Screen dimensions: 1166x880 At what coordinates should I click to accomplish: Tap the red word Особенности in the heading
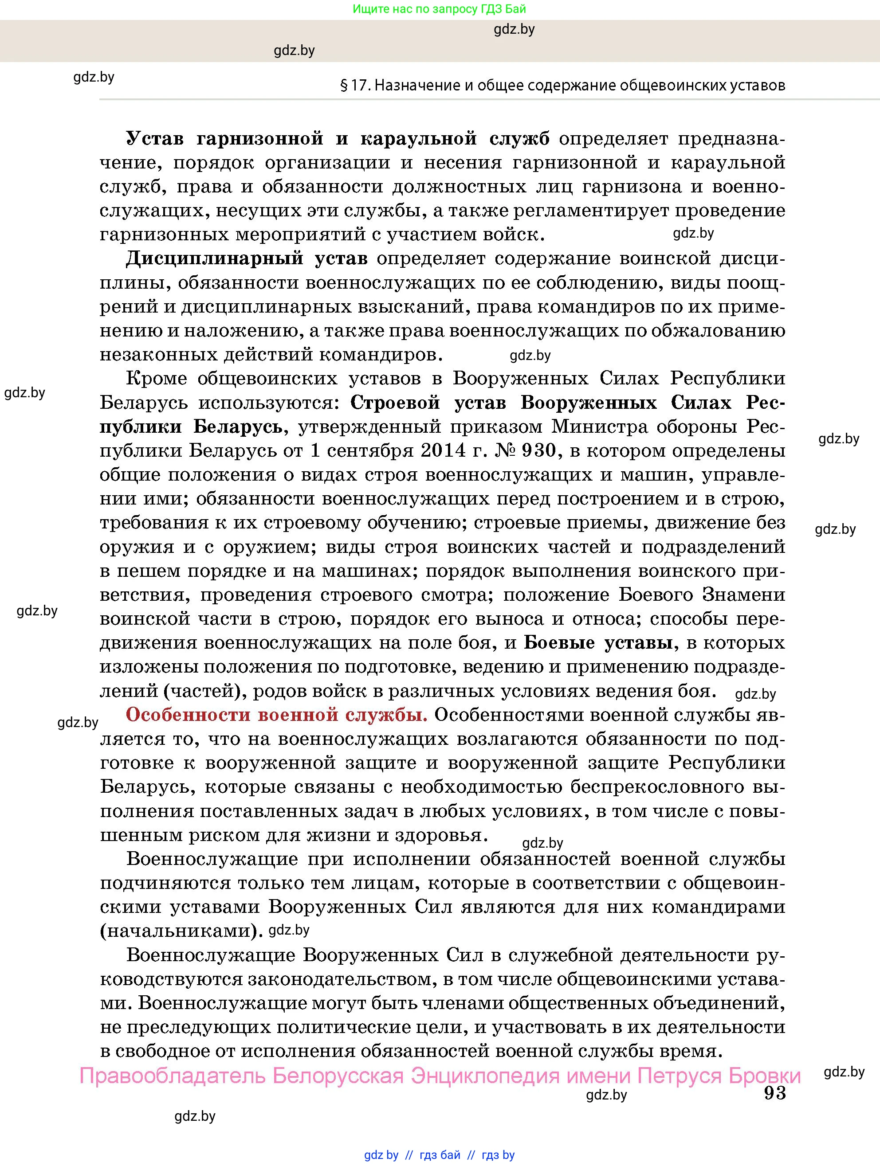[186, 715]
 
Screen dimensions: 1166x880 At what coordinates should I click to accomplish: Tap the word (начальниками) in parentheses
[181, 931]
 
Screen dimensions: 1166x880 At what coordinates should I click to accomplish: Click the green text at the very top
[439, 8]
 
